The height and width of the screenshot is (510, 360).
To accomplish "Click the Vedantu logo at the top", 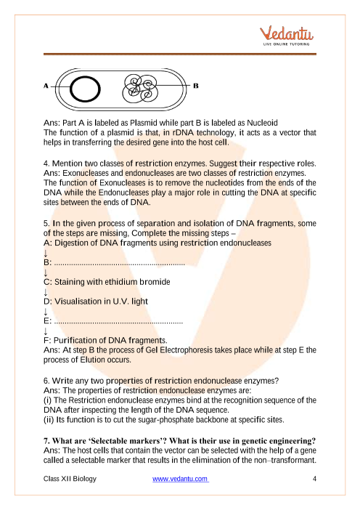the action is click(x=286, y=36).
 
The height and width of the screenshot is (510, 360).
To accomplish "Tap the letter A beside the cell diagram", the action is click(x=46, y=86).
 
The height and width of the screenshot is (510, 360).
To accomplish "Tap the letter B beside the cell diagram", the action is click(x=195, y=86).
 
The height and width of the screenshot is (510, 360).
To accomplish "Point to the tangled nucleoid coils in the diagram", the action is click(x=140, y=88).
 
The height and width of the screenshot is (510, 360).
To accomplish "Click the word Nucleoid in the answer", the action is click(x=262, y=123).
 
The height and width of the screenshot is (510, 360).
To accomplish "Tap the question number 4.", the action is click(x=46, y=163).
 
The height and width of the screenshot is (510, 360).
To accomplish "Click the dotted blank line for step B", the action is click(x=119, y=264).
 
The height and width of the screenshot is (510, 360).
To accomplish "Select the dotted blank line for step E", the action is click(x=118, y=323).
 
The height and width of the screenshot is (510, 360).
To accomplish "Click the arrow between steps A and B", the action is click(x=46, y=253).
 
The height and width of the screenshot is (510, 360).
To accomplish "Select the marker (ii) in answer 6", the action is click(x=49, y=420).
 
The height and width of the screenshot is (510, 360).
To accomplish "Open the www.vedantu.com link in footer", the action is click(x=181, y=479).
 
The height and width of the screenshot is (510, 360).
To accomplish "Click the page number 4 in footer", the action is click(x=314, y=479).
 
